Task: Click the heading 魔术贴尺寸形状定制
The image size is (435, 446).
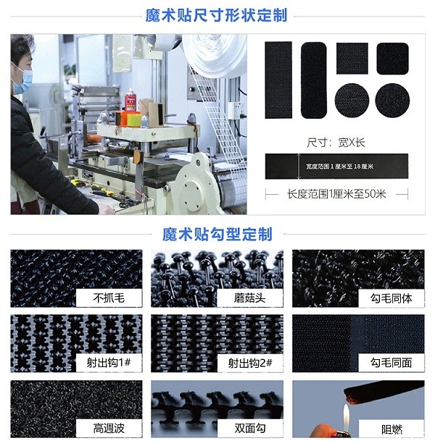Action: (217, 14)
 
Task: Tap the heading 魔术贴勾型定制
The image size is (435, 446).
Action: (217, 234)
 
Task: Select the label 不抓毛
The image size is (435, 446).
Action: (109, 298)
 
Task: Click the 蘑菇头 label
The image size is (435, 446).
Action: (248, 298)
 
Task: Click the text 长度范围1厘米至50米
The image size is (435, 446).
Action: (336, 194)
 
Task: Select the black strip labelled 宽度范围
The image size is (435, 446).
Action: (336, 167)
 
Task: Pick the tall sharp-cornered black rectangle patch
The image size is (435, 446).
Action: (278, 79)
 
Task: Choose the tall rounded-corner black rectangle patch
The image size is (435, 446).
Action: (313, 80)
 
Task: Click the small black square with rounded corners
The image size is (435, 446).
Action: (392, 57)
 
